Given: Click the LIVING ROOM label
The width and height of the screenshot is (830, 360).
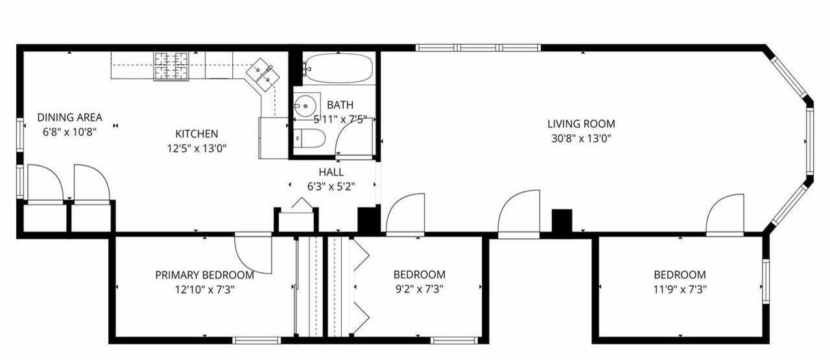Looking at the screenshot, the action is (x=581, y=124).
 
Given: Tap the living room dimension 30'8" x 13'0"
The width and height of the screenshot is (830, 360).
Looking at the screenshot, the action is (x=581, y=139).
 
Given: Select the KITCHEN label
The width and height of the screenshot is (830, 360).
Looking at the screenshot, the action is (x=196, y=134).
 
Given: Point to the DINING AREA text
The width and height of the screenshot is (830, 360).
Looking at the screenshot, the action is (x=69, y=117).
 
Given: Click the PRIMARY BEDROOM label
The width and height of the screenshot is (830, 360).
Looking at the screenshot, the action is (x=204, y=275).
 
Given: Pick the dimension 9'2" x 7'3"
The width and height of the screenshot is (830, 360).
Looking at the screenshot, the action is (x=420, y=289).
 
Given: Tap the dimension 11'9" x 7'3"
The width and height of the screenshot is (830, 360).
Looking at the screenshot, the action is (x=680, y=289).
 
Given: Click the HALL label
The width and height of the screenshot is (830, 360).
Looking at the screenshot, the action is (x=331, y=172).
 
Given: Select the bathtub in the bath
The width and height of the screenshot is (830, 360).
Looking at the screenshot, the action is (x=338, y=68).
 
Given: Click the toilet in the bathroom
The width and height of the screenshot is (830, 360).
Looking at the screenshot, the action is (x=311, y=138).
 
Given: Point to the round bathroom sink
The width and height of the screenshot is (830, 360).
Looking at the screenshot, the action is (x=306, y=106).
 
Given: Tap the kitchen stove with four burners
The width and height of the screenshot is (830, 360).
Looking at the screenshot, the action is (x=171, y=66).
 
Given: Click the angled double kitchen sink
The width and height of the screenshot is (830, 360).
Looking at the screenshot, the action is (x=263, y=74).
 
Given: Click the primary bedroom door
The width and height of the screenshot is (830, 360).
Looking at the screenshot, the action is (x=254, y=255).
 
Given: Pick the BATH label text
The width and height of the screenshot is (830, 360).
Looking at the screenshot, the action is (x=340, y=105).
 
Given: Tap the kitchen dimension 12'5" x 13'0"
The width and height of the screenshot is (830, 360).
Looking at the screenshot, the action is (x=196, y=149).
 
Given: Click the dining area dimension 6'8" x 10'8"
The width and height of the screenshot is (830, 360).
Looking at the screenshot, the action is (x=69, y=132).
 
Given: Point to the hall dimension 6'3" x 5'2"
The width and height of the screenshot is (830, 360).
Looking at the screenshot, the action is (x=331, y=187).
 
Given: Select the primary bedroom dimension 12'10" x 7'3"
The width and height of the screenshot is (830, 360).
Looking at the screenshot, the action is (x=204, y=289).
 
